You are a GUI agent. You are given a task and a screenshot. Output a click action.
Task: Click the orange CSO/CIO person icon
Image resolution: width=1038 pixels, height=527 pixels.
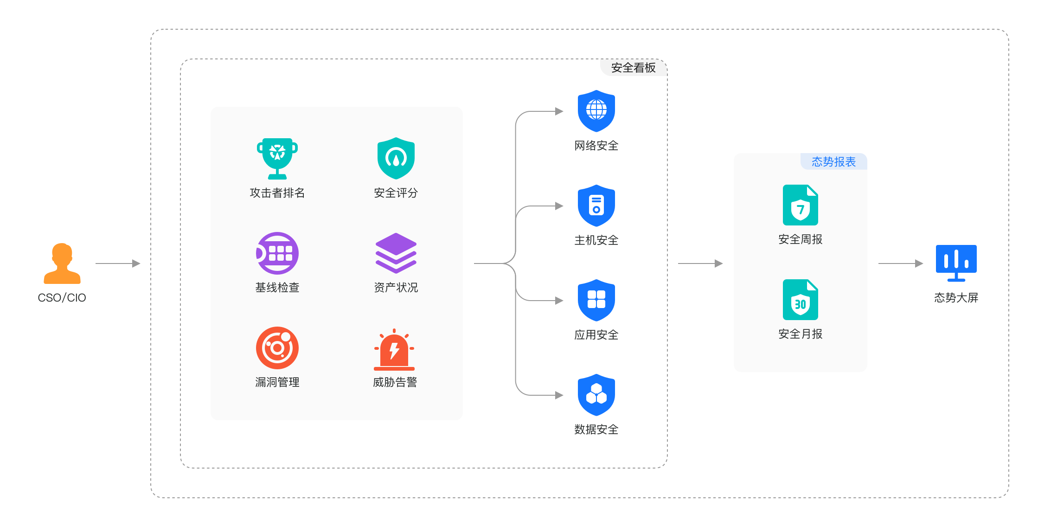pyautogui.click(x=62, y=263)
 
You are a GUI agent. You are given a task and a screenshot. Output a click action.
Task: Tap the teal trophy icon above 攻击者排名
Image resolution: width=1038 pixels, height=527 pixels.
pyautogui.click(x=277, y=158)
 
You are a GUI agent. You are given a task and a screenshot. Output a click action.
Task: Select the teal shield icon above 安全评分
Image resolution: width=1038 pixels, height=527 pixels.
pyautogui.click(x=396, y=158)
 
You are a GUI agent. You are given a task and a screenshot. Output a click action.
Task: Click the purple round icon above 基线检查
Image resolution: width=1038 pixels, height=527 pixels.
pyautogui.click(x=277, y=253)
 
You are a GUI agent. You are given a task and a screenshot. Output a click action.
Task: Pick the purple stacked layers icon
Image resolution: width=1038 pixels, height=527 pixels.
pyautogui.click(x=396, y=253)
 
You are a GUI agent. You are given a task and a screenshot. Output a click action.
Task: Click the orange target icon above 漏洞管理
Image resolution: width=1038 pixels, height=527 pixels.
pyautogui.click(x=277, y=348)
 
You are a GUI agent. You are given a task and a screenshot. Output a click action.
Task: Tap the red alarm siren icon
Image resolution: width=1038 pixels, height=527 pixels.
pyautogui.click(x=394, y=349)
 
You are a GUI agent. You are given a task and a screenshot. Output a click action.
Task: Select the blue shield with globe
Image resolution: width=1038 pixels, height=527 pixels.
pyautogui.click(x=596, y=111)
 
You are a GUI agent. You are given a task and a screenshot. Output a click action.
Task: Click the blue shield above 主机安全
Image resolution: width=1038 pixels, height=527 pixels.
pyautogui.click(x=596, y=206)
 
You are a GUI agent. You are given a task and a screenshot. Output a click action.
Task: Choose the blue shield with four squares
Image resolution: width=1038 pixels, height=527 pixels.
pyautogui.click(x=596, y=300)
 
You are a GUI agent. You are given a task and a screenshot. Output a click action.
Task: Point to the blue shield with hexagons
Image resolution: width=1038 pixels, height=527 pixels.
pyautogui.click(x=596, y=395)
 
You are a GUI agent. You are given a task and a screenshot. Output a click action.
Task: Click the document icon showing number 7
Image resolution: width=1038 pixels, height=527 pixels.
pyautogui.click(x=800, y=205)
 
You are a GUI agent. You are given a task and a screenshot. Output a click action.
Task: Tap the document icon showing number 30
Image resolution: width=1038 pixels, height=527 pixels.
pyautogui.click(x=800, y=300)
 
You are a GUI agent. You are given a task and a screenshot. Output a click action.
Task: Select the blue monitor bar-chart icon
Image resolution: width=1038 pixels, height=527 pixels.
pyautogui.click(x=956, y=263)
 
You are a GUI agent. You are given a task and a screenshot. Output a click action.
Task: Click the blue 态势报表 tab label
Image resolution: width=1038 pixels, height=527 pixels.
pyautogui.click(x=833, y=162)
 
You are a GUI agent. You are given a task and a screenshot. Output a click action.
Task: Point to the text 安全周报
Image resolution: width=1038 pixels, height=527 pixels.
pyautogui.click(x=800, y=239)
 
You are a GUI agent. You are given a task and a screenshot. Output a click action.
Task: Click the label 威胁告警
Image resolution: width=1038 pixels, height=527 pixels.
pyautogui.click(x=395, y=382)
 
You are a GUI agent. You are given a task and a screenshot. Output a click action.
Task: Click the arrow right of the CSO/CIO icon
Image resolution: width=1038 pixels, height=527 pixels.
pyautogui.click(x=118, y=263)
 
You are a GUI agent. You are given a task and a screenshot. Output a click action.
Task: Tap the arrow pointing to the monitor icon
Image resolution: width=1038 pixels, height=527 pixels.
pyautogui.click(x=900, y=263)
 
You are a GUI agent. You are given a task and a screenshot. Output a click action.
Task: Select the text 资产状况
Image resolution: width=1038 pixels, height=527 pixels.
pyautogui.click(x=396, y=288)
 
